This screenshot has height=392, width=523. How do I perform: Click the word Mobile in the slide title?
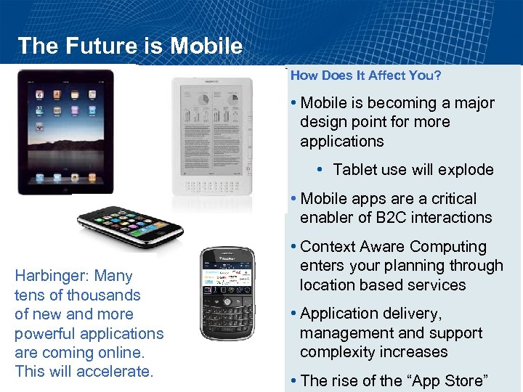pyautogui.click(x=206, y=46)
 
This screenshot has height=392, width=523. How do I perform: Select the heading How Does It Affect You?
pyautogui.click(x=366, y=75)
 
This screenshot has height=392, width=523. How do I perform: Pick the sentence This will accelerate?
pyautogui.click(x=84, y=372)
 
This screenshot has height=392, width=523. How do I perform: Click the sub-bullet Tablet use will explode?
pyautogui.click(x=413, y=170)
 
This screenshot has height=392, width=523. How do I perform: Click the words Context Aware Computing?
pyautogui.click(x=393, y=247)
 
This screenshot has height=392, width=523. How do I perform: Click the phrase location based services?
pyautogui.click(x=382, y=285)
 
